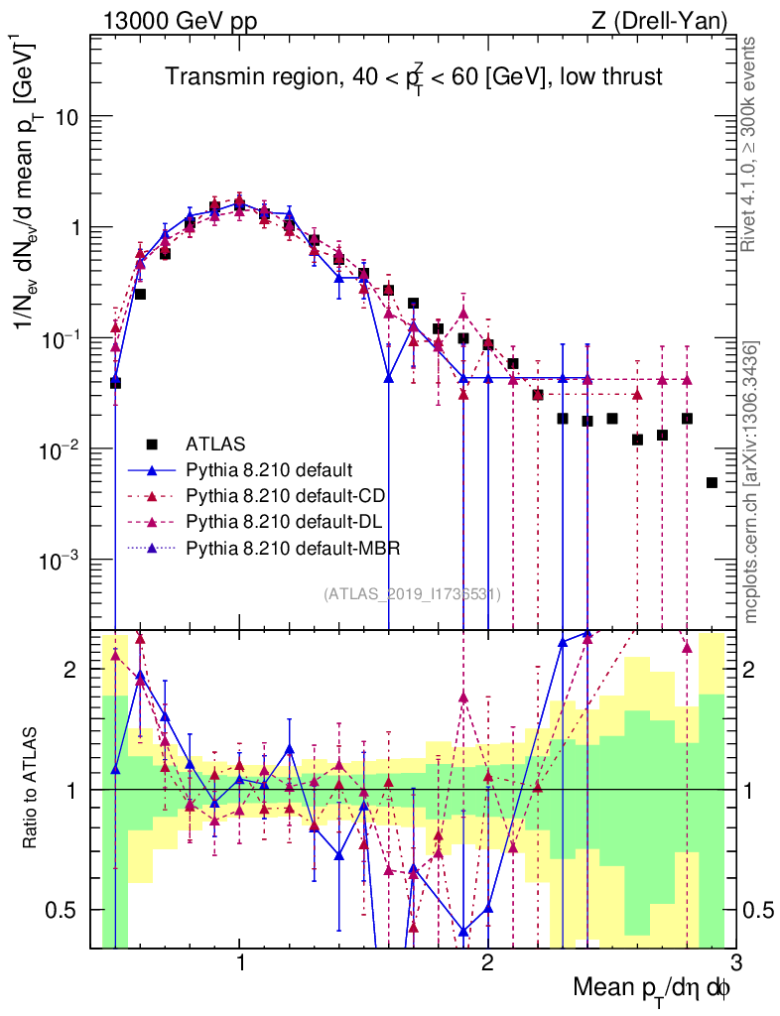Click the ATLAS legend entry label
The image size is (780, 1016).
[x=215, y=443]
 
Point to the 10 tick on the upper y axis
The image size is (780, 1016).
[x=65, y=117]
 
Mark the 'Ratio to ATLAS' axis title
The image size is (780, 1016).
[x=32, y=789]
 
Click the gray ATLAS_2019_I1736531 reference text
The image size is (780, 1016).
[x=412, y=594]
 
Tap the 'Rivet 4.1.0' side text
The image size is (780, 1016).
[x=752, y=149]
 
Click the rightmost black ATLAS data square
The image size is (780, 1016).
[x=712, y=483]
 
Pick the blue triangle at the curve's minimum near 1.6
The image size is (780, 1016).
[x=389, y=378]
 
